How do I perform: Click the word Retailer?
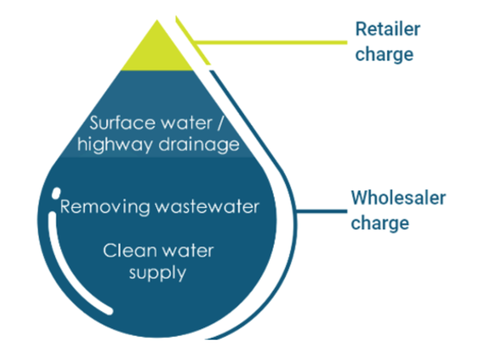tap(388, 29)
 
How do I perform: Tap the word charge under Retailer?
tap(384, 55)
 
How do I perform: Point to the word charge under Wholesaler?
tap(380, 223)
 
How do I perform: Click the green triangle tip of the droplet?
tap(157, 51)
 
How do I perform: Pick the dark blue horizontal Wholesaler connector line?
tap(321, 211)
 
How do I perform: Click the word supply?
tap(157, 273)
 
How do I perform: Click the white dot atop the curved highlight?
tap(55, 194)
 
